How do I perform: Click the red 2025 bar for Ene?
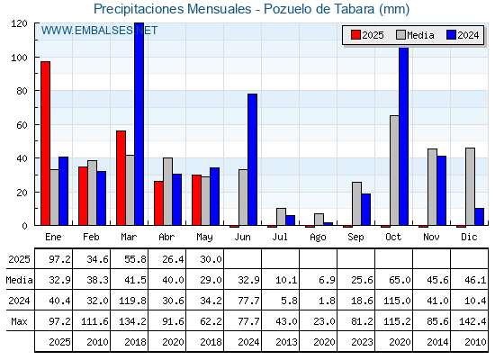[45, 143]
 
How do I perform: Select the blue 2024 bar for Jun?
[253, 159]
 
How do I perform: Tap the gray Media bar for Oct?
[394, 170]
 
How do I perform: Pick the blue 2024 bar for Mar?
[139, 124]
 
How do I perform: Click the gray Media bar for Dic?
[470, 186]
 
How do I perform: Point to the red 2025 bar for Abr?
[158, 203]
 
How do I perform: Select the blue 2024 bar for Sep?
[365, 210]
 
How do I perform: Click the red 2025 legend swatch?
[355, 35]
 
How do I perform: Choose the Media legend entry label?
[420, 35]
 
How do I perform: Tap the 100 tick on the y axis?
[36, 58]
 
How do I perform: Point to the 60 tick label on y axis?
[22, 125]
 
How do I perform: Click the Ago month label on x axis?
[318, 238]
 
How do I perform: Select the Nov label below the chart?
[431, 237]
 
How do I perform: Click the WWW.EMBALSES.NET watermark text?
[99, 31]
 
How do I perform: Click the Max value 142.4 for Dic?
[472, 321]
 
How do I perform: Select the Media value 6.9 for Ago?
[328, 280]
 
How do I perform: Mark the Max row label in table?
[19, 321]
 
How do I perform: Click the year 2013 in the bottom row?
[286, 342]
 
